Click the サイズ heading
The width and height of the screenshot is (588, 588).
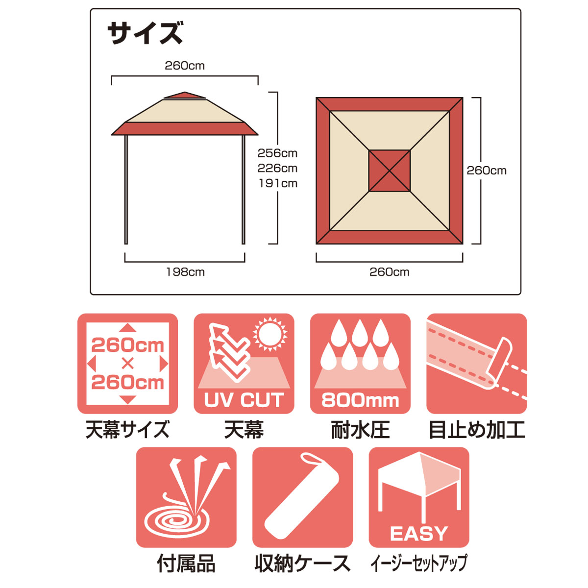pyautogui.click(x=145, y=33)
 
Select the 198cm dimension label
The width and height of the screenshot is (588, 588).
pyautogui.click(x=185, y=272)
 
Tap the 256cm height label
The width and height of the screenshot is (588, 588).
pyautogui.click(x=277, y=153)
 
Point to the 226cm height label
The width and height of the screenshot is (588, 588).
pyautogui.click(x=277, y=168)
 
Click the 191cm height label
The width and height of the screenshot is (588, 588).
pyautogui.click(x=278, y=183)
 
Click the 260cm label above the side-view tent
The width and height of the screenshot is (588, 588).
pyautogui.click(x=185, y=66)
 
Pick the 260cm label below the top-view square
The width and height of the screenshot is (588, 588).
pyautogui.click(x=390, y=272)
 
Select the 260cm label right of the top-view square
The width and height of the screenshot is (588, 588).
pyautogui.click(x=487, y=171)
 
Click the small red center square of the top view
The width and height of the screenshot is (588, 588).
pyautogui.click(x=390, y=171)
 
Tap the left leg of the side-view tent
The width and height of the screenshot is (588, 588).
pyautogui.click(x=126, y=190)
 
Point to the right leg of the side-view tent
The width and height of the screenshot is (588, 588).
pyautogui.click(x=243, y=190)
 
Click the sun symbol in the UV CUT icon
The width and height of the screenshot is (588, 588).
pyautogui.click(x=269, y=335)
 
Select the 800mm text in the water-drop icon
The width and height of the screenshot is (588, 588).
pyautogui.click(x=360, y=400)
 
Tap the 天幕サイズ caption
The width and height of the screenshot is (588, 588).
pyautogui.click(x=127, y=430)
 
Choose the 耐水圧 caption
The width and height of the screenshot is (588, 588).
pyautogui.click(x=360, y=430)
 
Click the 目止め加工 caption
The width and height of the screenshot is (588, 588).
pyautogui.click(x=477, y=430)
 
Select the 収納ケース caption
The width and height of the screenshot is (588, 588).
pyautogui.click(x=302, y=563)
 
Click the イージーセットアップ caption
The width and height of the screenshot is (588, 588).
pyautogui.click(x=419, y=563)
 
